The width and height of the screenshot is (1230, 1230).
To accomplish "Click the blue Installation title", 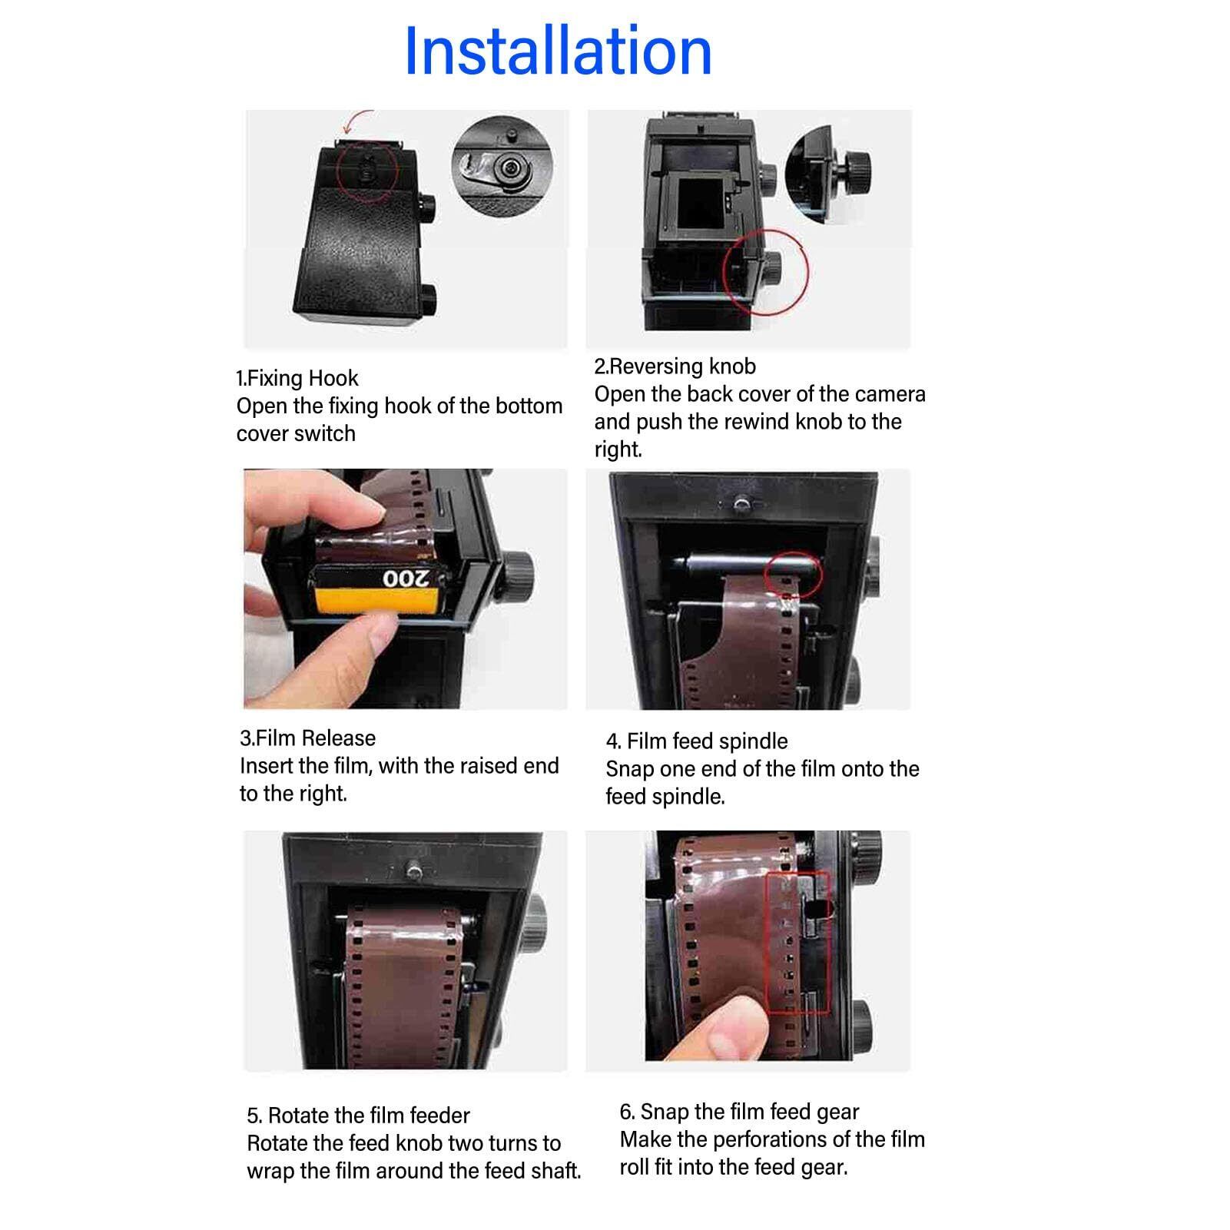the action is (x=559, y=51).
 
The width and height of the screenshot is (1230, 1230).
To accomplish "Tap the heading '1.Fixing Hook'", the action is (x=297, y=378).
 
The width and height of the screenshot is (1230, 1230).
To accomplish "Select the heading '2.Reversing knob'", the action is (x=675, y=366).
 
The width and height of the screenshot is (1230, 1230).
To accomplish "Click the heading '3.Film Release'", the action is (x=307, y=738).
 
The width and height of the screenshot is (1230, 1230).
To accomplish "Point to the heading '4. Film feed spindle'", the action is (x=697, y=741).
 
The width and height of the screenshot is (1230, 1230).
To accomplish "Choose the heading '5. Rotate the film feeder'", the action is (x=358, y=1116).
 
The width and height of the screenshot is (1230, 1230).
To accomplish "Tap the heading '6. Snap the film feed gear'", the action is (x=739, y=1112).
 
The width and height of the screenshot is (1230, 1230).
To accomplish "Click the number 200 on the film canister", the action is (x=406, y=578).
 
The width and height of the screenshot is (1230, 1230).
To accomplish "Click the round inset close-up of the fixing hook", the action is (x=502, y=164).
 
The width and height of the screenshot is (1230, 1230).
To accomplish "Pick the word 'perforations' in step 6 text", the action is (x=774, y=1139).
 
